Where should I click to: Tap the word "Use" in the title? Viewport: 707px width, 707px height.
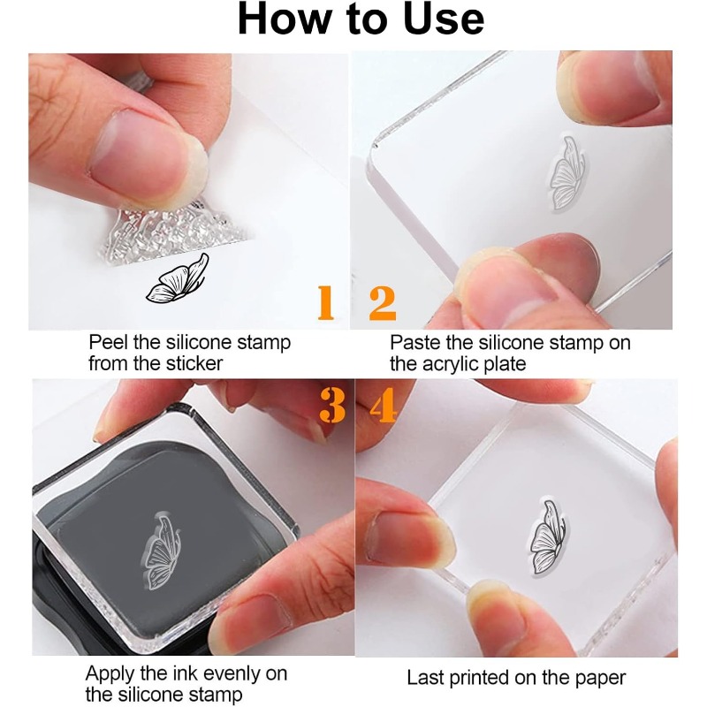444,19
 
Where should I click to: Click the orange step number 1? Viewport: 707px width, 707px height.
326,302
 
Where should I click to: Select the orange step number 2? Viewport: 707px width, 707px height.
383,303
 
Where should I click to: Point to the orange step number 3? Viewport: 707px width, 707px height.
333,405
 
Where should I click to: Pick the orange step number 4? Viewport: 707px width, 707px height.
384,405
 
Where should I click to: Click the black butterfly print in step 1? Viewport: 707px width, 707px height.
178,278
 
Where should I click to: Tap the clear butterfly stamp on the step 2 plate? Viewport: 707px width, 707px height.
567,173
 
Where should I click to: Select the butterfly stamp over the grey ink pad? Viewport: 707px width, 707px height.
161,550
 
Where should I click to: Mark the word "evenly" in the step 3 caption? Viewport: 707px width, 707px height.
231,674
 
